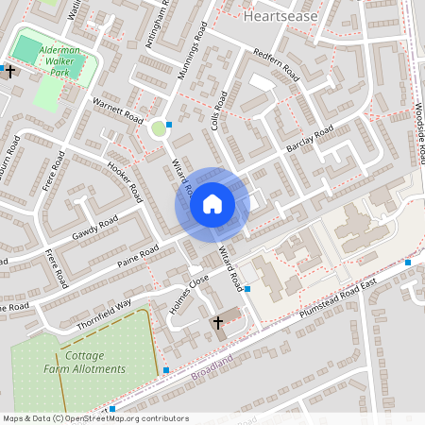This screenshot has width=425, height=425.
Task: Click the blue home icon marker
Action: (212, 203)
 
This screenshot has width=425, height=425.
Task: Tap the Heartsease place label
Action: (274, 16)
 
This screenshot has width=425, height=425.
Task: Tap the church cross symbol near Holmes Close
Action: (217, 323)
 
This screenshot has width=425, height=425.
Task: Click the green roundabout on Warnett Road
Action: (159, 127)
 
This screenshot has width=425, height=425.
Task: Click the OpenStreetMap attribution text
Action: (95, 418)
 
